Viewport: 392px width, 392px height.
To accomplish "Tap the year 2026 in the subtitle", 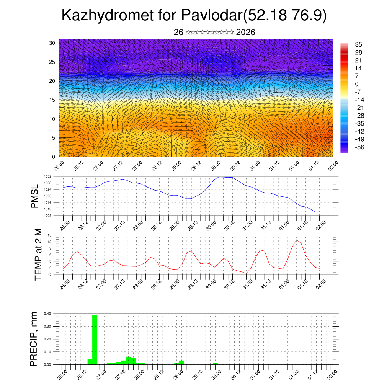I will click(x=246, y=33).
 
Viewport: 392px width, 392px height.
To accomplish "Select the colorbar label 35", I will click(x=359, y=44).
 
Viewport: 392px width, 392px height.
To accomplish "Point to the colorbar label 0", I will click(x=357, y=84).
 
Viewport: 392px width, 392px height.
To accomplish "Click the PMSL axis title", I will click(x=34, y=196).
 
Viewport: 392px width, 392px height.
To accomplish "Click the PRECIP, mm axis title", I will click(x=34, y=339).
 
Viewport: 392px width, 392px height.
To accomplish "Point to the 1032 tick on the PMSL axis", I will click(x=48, y=176).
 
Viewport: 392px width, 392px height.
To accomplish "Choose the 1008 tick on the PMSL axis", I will click(x=48, y=216).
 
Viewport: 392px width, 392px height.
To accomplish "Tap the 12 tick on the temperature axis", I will click(x=50, y=242).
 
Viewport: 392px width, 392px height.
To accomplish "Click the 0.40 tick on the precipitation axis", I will click(x=47, y=314).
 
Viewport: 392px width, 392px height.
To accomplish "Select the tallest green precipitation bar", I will click(x=95, y=339).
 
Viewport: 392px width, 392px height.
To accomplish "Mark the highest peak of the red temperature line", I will click(x=296, y=240).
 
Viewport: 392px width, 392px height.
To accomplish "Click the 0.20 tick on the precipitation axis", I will click(x=47, y=339).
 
